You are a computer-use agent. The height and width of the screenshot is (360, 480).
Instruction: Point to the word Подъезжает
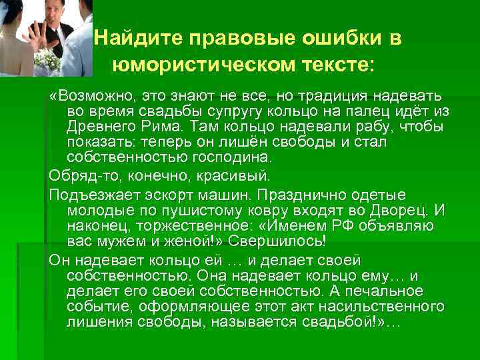[x=90, y=195]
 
